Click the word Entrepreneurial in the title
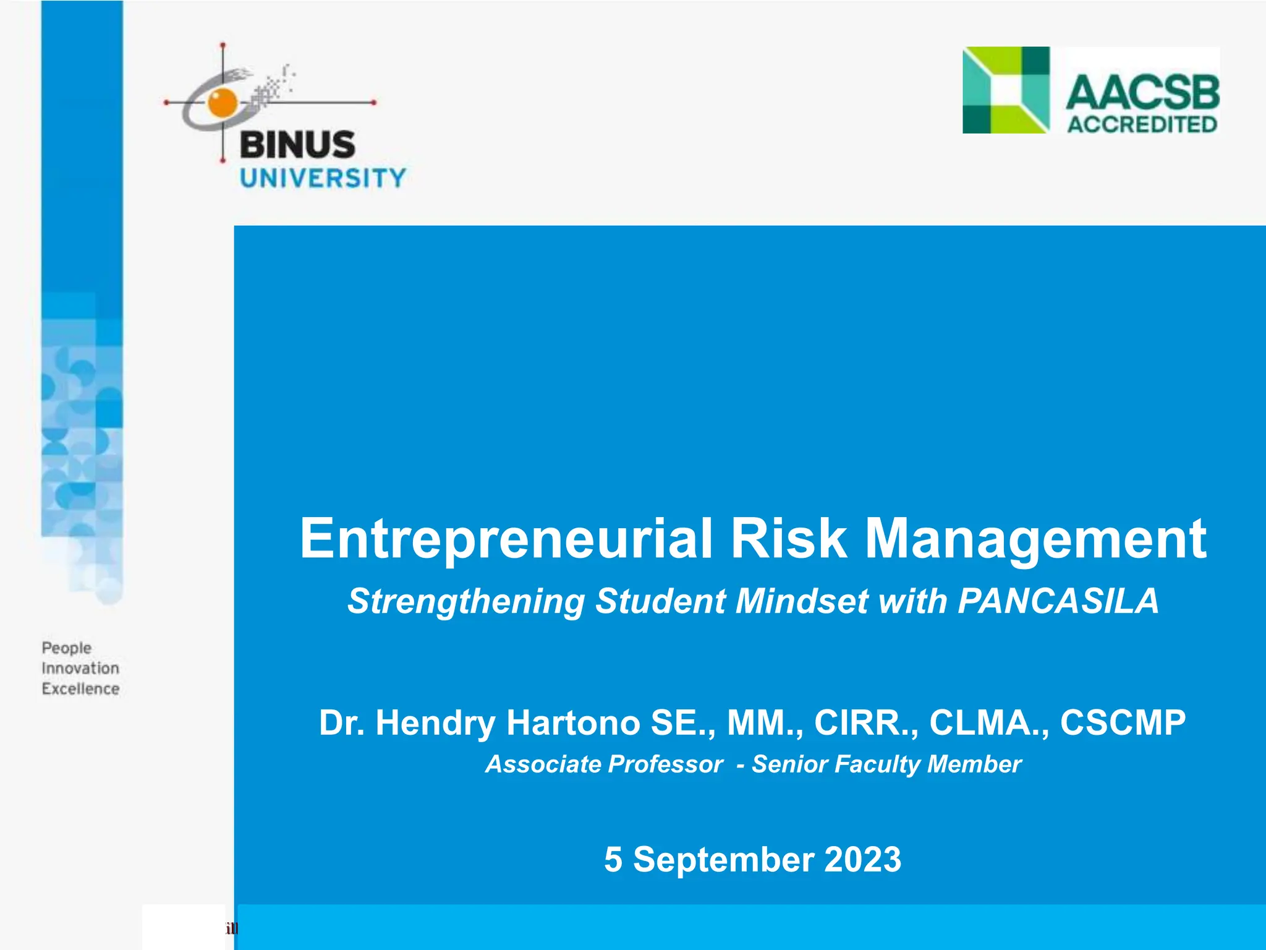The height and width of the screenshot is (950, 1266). [506, 539]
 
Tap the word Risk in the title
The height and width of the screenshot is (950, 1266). [788, 539]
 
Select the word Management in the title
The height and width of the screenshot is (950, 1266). [1035, 539]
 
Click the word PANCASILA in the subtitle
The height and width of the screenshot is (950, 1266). [1058, 601]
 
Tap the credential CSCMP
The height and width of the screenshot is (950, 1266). [1123, 722]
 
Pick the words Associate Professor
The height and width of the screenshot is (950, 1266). [604, 764]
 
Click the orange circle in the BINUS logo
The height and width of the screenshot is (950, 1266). [223, 103]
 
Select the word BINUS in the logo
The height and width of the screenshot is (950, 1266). [297, 145]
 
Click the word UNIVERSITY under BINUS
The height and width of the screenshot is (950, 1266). [323, 179]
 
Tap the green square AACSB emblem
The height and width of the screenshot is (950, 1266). [1006, 90]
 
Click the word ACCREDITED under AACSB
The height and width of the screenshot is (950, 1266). [1142, 124]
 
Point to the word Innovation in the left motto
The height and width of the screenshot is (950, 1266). [80, 669]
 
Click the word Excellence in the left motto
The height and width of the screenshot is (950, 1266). [80, 689]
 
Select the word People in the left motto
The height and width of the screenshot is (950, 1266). [67, 648]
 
